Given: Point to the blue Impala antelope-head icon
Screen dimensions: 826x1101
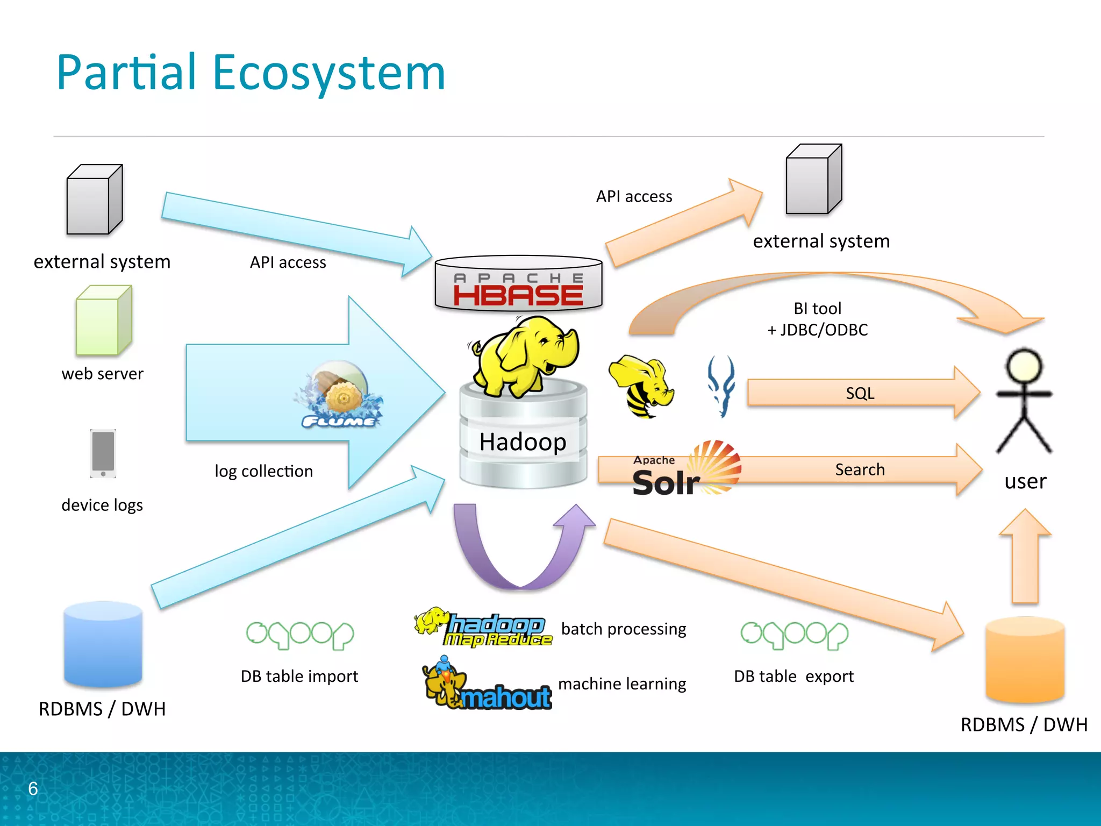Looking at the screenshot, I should (x=721, y=386).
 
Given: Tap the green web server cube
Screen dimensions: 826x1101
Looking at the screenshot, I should (x=103, y=321).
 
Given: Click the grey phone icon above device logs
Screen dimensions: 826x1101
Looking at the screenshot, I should (x=103, y=453).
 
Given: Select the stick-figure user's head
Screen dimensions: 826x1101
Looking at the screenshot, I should (x=1024, y=366).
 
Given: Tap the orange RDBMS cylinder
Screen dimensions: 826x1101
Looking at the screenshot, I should (x=1025, y=660).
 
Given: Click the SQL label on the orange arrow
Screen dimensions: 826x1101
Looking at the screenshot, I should (x=860, y=393).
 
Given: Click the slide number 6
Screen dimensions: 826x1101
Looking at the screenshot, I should (x=33, y=789).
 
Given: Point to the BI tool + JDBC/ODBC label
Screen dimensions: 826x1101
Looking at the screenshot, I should (x=817, y=319).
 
